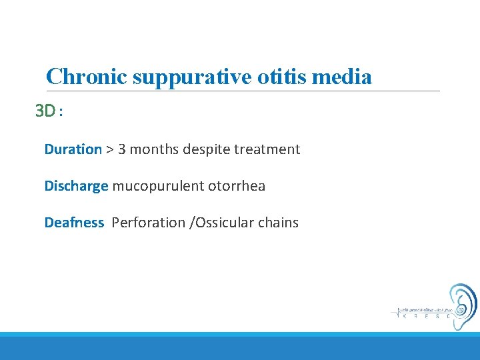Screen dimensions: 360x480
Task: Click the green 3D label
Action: pyautogui.click(x=46, y=111)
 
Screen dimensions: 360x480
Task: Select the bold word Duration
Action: pyautogui.click(x=73, y=149)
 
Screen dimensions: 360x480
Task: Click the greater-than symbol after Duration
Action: pyautogui.click(x=109, y=149)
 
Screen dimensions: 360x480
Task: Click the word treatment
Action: pyautogui.click(x=270, y=149)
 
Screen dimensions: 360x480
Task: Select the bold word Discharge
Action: pyautogui.click(x=76, y=186)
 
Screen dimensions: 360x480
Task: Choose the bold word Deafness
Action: pyautogui.click(x=74, y=223)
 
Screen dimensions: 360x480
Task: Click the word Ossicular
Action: pyautogui.click(x=224, y=223)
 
